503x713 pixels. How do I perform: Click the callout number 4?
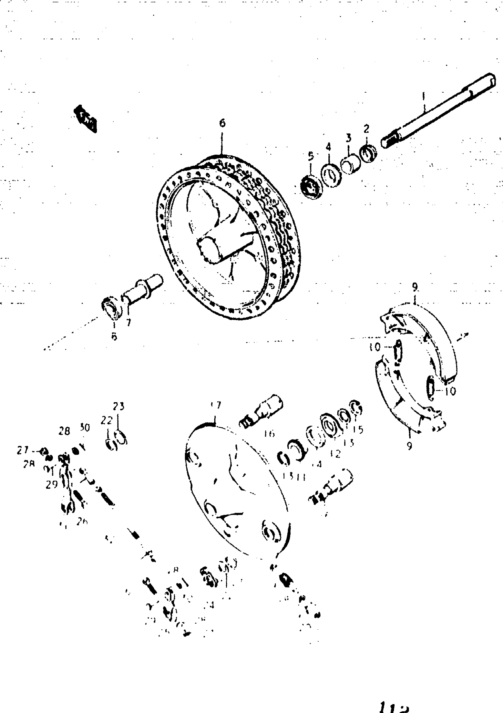click(328, 147)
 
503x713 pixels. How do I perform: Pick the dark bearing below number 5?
click(311, 187)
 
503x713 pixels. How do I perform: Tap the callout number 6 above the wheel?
click(222, 123)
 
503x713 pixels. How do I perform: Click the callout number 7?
click(128, 322)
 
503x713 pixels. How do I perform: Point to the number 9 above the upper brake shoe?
click(415, 287)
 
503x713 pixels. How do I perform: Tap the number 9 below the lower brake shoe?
click(410, 446)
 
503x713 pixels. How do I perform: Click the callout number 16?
click(269, 434)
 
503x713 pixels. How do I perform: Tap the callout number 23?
click(118, 406)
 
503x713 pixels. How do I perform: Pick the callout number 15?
click(358, 429)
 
